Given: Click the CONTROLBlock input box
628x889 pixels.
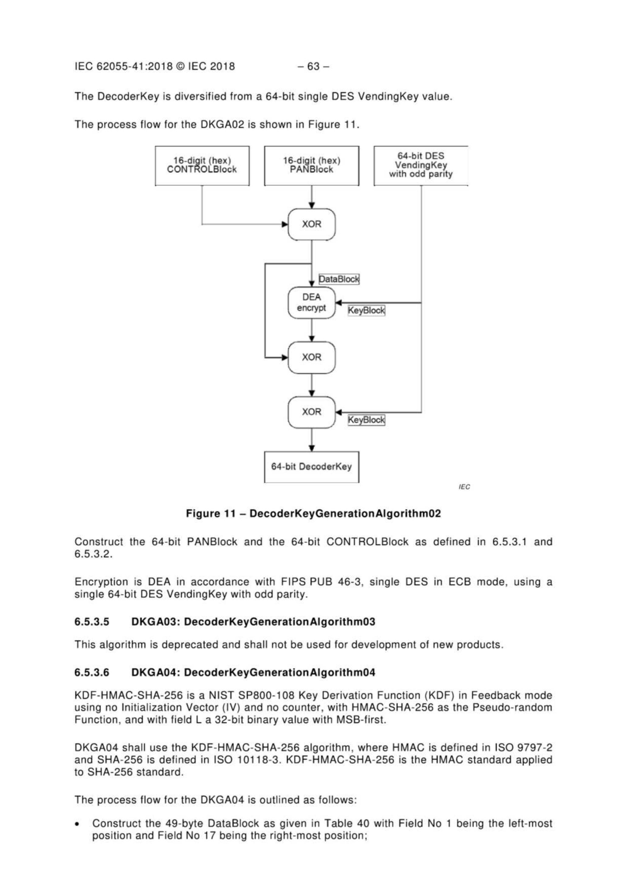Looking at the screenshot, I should click(202, 165).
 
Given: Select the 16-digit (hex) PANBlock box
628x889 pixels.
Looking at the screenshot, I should click(311, 165).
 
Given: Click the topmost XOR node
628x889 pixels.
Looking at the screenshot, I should click(311, 224).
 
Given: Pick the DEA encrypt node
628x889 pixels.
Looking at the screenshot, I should click(311, 303).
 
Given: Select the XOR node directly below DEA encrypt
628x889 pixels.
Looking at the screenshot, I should click(311, 357).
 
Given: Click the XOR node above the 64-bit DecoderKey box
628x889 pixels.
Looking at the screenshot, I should click(311, 412).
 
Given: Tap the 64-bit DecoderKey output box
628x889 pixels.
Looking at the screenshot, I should click(311, 467).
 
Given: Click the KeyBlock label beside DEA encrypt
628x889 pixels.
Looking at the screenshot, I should click(366, 310).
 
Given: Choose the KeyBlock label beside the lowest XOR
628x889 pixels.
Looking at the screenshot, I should click(366, 420).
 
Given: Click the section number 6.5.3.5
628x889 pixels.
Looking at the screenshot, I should click(92, 622).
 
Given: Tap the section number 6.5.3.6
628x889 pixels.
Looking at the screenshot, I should click(92, 673).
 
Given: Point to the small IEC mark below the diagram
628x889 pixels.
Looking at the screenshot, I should click(464, 487).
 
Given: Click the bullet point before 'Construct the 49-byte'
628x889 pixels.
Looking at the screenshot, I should click(79, 824).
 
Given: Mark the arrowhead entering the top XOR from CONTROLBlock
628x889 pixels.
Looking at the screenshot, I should click(285, 224).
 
